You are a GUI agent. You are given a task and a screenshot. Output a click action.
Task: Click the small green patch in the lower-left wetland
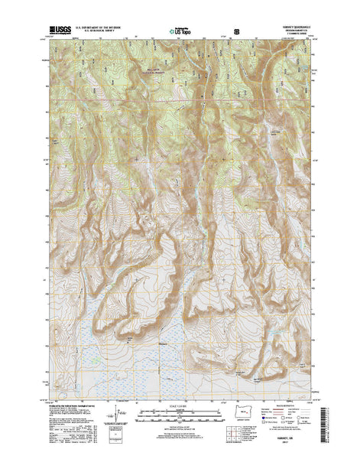pyautogui.click(x=96, y=360)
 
